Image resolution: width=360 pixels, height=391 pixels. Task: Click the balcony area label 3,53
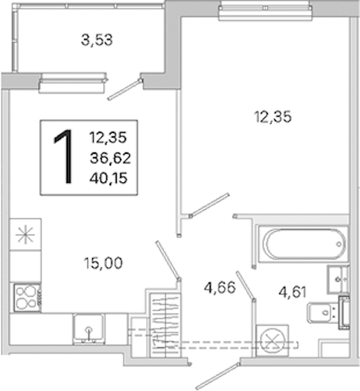tap(97, 40)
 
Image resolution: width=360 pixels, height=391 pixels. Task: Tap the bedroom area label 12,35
tap(273, 117)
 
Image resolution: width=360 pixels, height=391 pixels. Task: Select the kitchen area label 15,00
tap(103, 263)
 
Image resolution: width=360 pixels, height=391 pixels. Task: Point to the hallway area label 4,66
tap(220, 287)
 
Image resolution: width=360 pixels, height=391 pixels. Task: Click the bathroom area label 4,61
tap(292, 292)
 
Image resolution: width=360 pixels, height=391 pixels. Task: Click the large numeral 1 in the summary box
tap(64, 157)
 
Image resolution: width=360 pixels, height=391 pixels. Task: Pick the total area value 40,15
tap(108, 179)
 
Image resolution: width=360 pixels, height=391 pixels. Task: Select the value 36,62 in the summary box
tap(110, 158)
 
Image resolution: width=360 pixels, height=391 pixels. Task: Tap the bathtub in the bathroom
tap(303, 244)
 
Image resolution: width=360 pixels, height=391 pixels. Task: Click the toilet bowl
tap(322, 312)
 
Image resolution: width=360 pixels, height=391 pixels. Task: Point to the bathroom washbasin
tap(338, 280)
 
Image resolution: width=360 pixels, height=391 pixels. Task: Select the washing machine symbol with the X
tap(272, 340)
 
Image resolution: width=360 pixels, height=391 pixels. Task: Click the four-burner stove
tap(27, 298)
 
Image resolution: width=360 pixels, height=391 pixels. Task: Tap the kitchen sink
tap(89, 328)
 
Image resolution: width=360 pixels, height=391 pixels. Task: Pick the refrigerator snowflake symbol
tap(25, 235)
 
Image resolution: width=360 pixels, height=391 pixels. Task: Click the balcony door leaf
tap(125, 89)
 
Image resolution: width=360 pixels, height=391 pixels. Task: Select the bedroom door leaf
tap(209, 205)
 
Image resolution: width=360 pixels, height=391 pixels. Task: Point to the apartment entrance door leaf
tap(217, 376)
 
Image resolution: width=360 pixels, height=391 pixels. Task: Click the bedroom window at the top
tap(265, 10)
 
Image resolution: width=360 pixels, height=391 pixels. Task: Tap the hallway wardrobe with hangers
tap(164, 326)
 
